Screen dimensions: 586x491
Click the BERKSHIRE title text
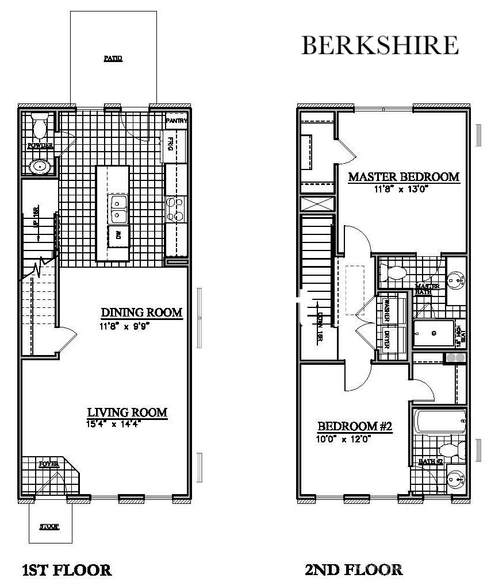click(380, 45)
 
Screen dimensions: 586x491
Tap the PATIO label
click(113, 59)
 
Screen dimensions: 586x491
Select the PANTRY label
click(177, 121)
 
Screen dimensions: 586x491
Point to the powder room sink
click(40, 167)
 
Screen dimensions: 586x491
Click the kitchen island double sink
click(119, 209)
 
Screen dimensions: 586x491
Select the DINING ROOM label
click(141, 313)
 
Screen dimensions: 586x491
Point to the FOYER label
click(49, 464)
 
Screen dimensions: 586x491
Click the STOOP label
click(49, 526)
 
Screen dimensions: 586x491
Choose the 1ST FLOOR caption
click(66, 570)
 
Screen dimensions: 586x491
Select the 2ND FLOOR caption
click(354, 570)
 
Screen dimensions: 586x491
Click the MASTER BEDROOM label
click(404, 177)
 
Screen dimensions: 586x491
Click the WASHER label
click(387, 310)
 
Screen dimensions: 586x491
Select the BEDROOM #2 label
click(355, 427)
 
